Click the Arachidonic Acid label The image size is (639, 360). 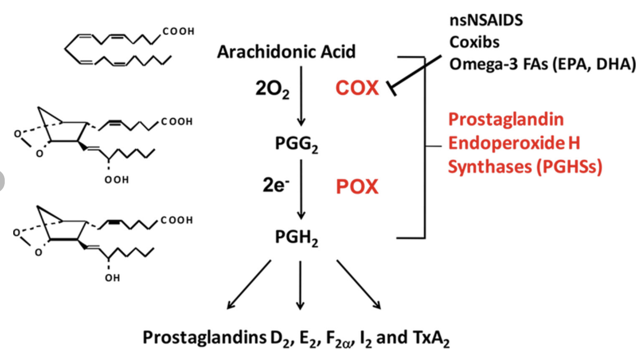pos(286,52)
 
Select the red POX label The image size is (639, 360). pos(357,187)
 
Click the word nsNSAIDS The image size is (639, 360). pos(486,21)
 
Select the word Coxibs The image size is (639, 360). pos(474,42)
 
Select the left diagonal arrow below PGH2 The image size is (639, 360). pos(248,284)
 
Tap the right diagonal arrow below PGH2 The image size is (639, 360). pos(358,284)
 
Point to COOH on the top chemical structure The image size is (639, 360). pos(178,32)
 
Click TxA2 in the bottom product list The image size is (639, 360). pos(429,338)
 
